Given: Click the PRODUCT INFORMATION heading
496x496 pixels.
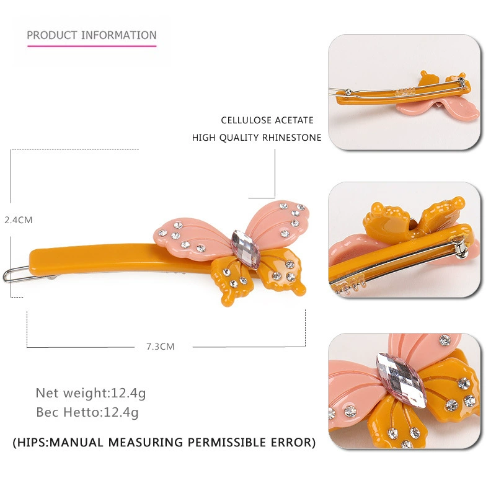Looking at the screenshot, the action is coord(92,35).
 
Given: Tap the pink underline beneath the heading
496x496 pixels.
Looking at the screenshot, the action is coord(92,46).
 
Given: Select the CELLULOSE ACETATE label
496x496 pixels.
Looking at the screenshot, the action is coord(267,120).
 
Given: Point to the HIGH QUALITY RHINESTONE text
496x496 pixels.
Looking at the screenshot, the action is coord(257,138).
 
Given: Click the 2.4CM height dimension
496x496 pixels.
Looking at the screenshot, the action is coord(19,220).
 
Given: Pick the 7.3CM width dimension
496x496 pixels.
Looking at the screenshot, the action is coord(160,347).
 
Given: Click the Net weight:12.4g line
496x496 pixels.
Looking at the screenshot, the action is coord(91,393).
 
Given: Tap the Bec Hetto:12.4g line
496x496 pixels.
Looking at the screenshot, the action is coord(87,412).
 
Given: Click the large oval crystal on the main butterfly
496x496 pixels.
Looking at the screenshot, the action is coord(246,250).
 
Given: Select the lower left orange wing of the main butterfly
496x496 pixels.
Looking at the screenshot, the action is coord(233,280).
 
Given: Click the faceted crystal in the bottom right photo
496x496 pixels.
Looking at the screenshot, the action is coord(401,380).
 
